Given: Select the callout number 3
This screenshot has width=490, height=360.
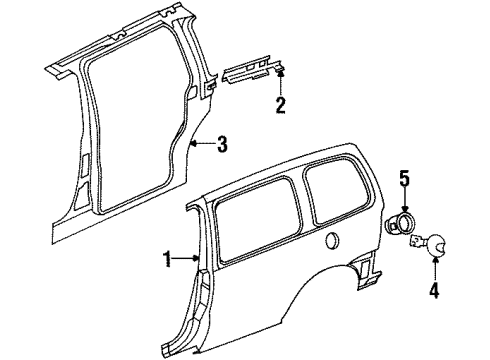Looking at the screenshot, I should (x=221, y=146).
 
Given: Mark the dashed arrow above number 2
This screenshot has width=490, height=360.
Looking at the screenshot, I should (x=281, y=80).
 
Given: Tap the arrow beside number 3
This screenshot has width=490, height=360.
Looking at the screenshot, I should (x=203, y=146).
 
